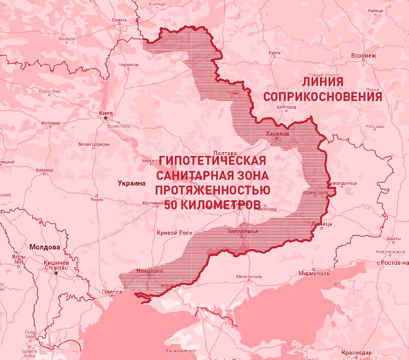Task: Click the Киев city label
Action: click(x=106, y=113)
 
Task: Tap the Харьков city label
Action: click(x=277, y=133)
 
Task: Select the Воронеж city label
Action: click(x=363, y=56)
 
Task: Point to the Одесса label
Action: click(x=112, y=292)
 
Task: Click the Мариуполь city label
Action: click(x=314, y=273)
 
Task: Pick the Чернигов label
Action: click(x=128, y=64)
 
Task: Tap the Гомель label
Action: click(x=120, y=20)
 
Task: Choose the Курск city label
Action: click(x=274, y=53)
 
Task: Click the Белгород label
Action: click(x=286, y=107)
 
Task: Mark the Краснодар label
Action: click(x=357, y=352)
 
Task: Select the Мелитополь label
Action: click(x=249, y=276)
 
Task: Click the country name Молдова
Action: click(x=45, y=247)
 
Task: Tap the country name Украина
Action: click(x=132, y=183)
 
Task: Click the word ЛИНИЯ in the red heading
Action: click(x=322, y=82)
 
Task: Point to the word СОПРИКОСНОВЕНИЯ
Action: click(x=322, y=97)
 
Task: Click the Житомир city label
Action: click(x=50, y=123)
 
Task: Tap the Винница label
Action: click(x=44, y=170)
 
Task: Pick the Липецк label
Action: click(x=375, y=11)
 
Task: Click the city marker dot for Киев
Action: click(x=106, y=118)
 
